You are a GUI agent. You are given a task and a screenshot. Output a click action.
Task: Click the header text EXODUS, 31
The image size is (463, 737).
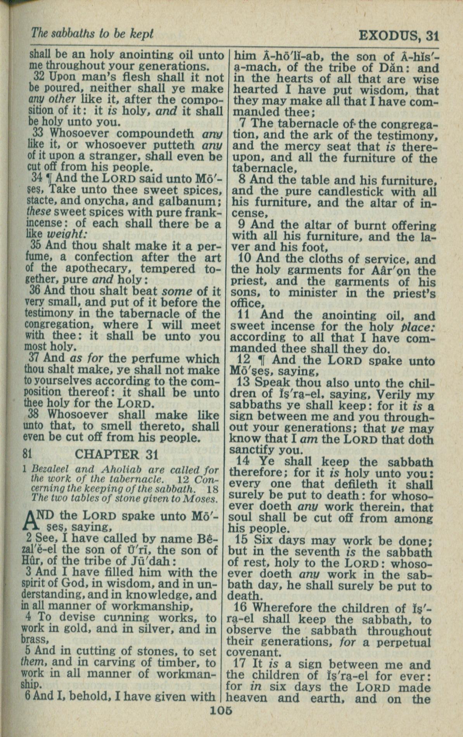pos(398,36)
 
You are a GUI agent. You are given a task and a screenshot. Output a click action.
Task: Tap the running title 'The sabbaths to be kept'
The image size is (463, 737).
pos(92,34)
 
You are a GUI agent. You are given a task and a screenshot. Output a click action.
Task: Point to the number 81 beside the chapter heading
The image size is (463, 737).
pos(27,454)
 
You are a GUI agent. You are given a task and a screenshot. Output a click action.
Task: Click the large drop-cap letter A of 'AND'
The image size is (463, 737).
pos(35,521)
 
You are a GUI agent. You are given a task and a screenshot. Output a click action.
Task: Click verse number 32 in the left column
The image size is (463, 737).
pos(39,77)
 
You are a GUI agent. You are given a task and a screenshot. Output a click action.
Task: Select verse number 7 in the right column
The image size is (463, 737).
pos(244,124)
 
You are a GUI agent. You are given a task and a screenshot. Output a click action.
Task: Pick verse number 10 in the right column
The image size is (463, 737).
pos(245,259)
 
